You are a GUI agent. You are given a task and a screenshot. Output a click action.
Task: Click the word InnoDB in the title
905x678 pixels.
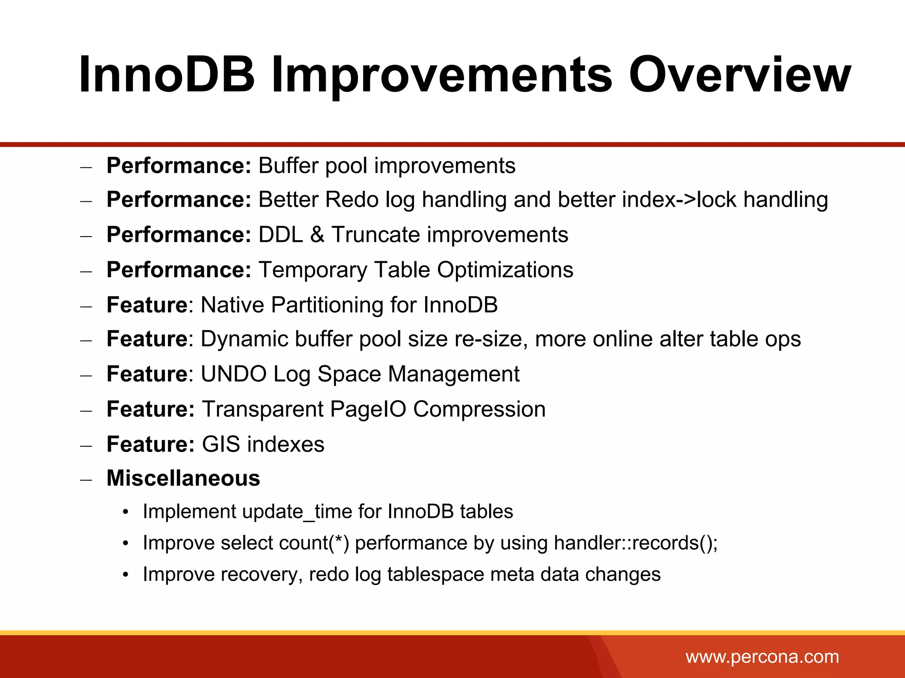167,75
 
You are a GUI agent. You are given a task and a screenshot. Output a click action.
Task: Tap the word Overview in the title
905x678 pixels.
739,75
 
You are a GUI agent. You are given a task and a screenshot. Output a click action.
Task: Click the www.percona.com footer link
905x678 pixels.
762,657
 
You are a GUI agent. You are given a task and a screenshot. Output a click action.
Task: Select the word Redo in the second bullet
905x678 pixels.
352,200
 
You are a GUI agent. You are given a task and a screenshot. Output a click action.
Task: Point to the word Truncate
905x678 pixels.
375,234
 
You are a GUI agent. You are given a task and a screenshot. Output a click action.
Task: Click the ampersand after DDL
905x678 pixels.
317,234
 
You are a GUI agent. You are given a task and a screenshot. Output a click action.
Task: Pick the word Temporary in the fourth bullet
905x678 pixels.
313,270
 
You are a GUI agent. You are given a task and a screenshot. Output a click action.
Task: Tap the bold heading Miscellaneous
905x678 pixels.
183,478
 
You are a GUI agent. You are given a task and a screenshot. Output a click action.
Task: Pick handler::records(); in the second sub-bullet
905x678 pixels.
635,543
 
